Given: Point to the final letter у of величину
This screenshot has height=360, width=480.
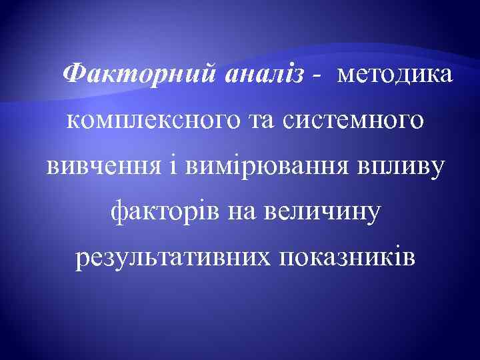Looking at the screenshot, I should pyautogui.click(x=373, y=214).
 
